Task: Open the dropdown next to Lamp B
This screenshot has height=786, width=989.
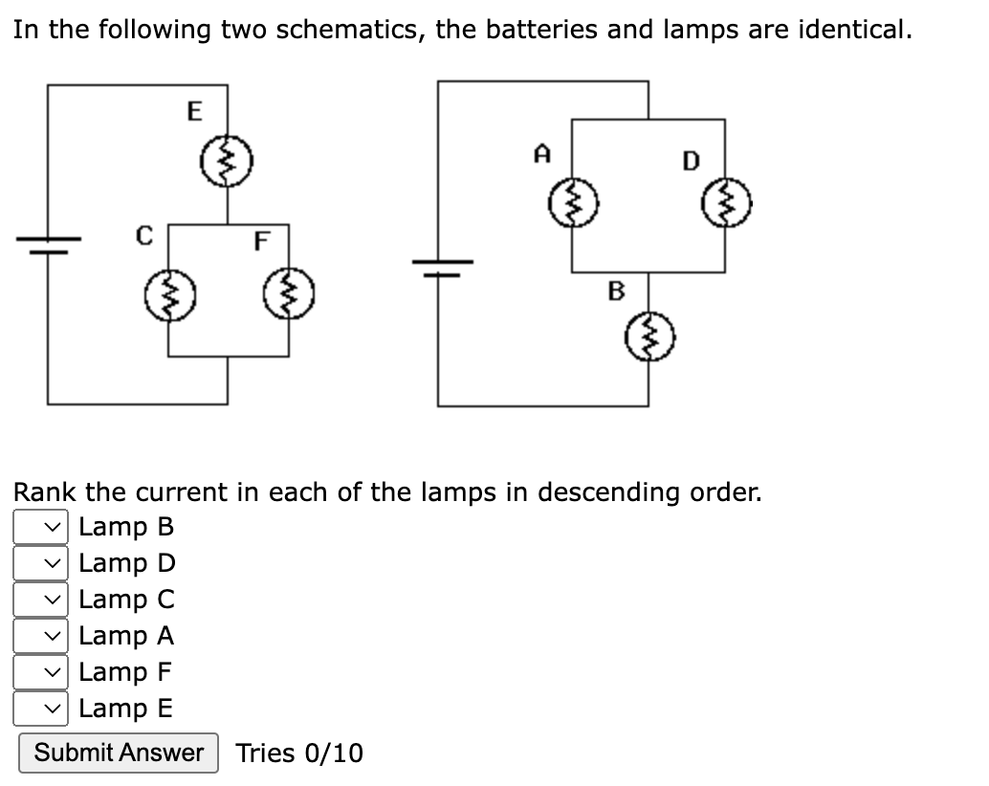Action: click(x=40, y=527)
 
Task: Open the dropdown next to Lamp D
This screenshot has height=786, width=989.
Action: click(x=40, y=563)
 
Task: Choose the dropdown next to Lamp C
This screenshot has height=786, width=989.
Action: click(x=40, y=600)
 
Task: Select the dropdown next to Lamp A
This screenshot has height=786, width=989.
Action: click(x=40, y=636)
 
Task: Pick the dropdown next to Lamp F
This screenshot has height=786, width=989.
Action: click(x=40, y=672)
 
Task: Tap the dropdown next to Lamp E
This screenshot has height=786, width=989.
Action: click(x=40, y=709)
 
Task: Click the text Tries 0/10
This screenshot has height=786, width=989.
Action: click(x=299, y=753)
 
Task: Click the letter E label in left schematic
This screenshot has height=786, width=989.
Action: click(x=193, y=113)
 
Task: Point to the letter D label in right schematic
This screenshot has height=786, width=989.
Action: click(x=690, y=161)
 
